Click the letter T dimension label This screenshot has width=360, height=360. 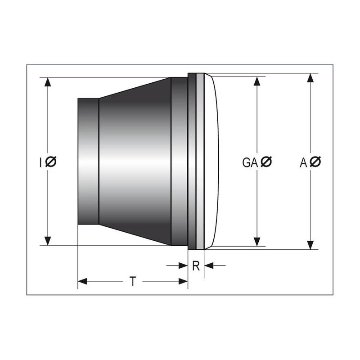(x=133, y=282)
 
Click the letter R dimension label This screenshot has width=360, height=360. (x=196, y=266)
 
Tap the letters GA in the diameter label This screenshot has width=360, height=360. (x=250, y=162)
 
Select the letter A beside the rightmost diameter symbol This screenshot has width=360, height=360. (x=303, y=162)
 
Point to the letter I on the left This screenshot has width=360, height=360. (x=40, y=162)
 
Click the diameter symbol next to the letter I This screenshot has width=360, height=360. (x=51, y=162)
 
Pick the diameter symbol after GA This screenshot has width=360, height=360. (x=266, y=162)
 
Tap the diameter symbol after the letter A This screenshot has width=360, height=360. (x=315, y=162)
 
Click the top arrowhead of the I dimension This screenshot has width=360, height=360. (x=48, y=82)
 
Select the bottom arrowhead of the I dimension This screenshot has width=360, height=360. (x=48, y=241)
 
